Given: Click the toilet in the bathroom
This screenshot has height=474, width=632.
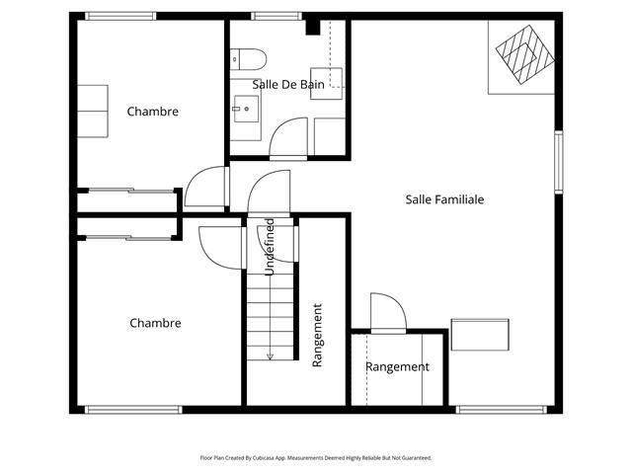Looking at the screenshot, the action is [248, 59].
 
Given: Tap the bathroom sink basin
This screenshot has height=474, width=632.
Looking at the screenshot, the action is [246, 109].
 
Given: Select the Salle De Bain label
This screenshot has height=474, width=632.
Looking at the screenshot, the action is [288, 85].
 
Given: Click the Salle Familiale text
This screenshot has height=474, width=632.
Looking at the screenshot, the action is [444, 199].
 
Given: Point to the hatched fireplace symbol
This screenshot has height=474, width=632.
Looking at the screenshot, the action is [524, 54].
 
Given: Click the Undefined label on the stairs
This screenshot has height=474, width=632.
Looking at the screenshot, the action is [270, 247].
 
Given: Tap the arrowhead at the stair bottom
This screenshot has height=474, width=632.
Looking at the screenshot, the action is [270, 356].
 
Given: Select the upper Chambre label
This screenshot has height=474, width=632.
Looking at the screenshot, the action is [153, 112].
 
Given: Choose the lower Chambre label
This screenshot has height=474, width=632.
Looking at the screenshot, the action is [155, 323].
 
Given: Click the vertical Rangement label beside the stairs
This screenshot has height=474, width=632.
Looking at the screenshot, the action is [318, 336].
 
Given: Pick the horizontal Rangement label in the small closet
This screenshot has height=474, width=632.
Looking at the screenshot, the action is [397, 366].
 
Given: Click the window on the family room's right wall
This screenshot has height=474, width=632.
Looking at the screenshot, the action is [558, 162].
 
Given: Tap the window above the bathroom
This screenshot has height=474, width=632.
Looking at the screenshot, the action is [276, 16].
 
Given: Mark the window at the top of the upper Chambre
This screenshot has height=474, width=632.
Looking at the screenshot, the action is [120, 16].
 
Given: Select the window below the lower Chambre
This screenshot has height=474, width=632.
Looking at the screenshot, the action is [133, 410].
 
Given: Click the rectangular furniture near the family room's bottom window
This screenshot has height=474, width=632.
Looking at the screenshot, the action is [480, 335].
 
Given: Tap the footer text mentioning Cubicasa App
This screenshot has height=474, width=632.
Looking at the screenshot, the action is [316, 458].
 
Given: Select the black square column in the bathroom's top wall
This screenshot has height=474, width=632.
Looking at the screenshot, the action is [313, 28].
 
